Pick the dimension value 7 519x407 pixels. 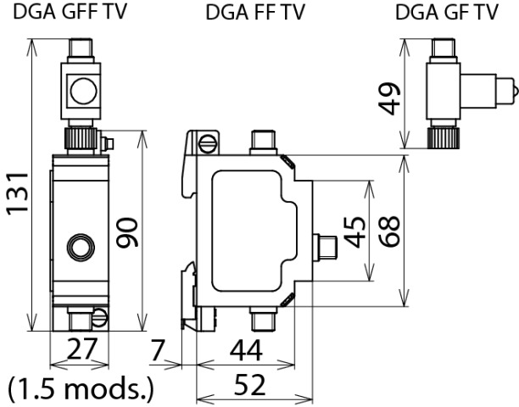pyautogui.click(x=159, y=348)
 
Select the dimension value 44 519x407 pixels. pyautogui.click(x=246, y=348)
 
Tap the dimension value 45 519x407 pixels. pyautogui.click(x=356, y=231)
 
